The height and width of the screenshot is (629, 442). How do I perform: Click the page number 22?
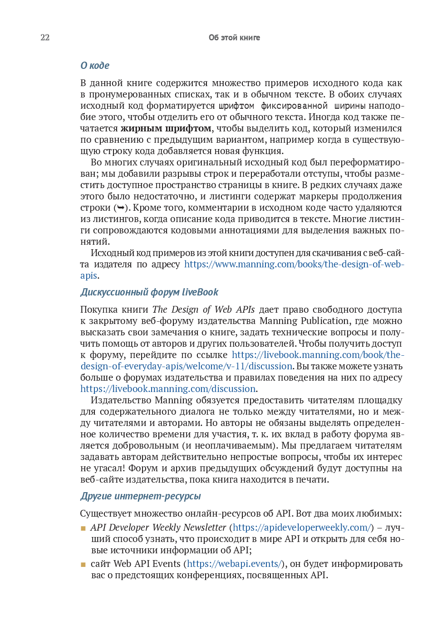[45, 38]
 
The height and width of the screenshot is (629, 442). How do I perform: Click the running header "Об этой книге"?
[234, 38]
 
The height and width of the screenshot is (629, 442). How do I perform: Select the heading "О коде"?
[95, 66]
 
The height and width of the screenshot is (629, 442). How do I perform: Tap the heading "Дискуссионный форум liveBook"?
[149, 292]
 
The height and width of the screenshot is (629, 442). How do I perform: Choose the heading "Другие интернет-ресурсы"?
[141, 496]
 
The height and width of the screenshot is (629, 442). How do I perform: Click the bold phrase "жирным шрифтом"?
[166, 128]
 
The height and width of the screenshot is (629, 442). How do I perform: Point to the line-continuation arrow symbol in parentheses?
[121, 208]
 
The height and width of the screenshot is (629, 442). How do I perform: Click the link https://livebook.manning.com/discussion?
[168, 389]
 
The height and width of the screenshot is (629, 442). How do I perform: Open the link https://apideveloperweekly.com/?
[303, 527]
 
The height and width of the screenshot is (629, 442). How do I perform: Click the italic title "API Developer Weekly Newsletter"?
[158, 527]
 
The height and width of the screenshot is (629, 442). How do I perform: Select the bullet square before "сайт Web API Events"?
[83, 565]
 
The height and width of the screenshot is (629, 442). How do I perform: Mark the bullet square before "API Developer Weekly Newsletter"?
[83, 528]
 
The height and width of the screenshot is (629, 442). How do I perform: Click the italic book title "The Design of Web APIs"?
[203, 310]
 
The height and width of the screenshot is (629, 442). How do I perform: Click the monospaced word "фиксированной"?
[294, 106]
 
